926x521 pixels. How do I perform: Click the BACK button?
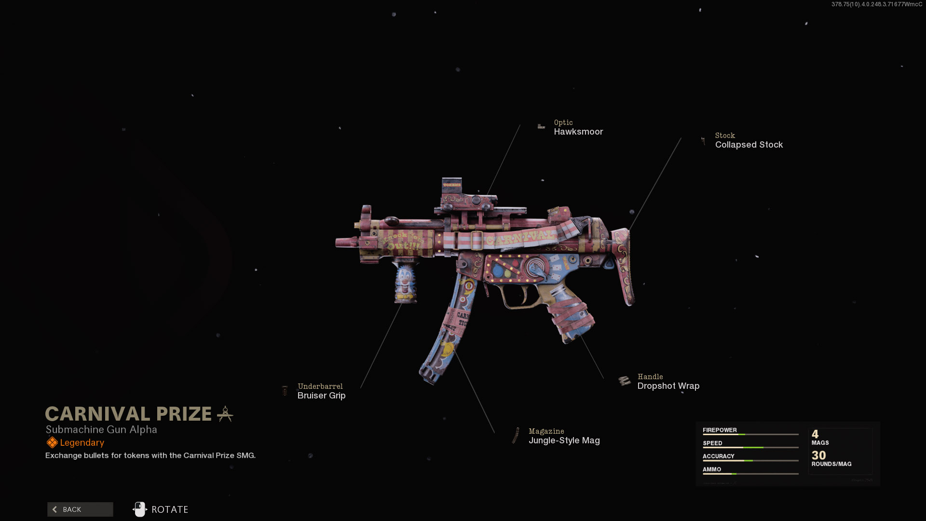pyautogui.click(x=80, y=509)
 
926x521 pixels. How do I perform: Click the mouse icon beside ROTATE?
pyautogui.click(x=140, y=509)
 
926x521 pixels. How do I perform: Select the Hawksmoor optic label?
pyautogui.click(x=578, y=132)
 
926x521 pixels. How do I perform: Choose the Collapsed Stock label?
pyautogui.click(x=749, y=145)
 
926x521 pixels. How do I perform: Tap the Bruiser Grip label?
pyautogui.click(x=321, y=396)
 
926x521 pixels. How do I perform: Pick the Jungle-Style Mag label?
pyautogui.click(x=564, y=440)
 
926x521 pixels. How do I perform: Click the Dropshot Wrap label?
pyautogui.click(x=668, y=386)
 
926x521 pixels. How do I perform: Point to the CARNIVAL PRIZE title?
pyautogui.click(x=128, y=414)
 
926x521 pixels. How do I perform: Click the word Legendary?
pyautogui.click(x=82, y=443)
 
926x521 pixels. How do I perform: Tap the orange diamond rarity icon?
pyautogui.click(x=52, y=443)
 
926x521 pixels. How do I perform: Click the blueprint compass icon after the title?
pyautogui.click(x=225, y=414)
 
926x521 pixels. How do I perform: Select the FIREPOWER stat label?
pyautogui.click(x=719, y=430)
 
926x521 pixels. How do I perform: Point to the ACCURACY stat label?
pyautogui.click(x=718, y=456)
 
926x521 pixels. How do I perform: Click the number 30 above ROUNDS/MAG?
pyautogui.click(x=818, y=455)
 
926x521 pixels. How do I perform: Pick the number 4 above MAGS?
pyautogui.click(x=815, y=434)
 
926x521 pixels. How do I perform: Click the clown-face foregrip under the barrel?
pyautogui.click(x=405, y=282)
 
